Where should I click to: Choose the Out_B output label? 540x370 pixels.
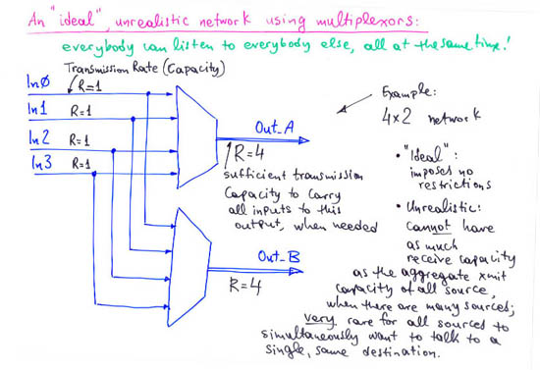[x=271, y=257]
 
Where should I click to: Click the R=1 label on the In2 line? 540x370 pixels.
[x=81, y=139]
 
